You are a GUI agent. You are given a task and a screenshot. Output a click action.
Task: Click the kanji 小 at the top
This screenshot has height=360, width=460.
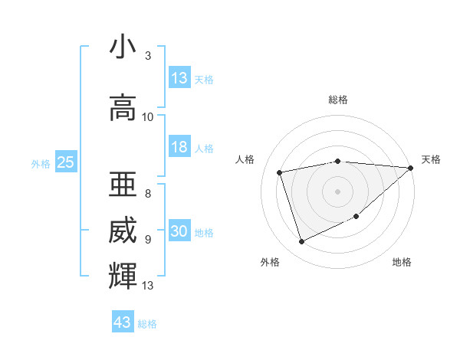123,48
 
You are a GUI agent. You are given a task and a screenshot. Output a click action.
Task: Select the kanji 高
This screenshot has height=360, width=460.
123,108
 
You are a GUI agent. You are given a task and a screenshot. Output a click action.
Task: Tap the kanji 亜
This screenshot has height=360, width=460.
123,183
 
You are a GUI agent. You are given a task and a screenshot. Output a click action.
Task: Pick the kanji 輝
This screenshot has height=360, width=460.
123,276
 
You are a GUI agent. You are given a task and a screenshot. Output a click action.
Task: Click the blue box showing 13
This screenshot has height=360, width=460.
179,78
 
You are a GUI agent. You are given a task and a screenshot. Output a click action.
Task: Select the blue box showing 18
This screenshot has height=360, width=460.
179,148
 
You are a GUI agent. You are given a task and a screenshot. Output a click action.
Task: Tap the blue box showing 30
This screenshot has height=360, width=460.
179,232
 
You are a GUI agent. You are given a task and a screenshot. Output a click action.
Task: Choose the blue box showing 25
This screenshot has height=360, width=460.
65,162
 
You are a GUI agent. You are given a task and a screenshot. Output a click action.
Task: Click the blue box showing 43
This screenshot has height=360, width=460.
123,322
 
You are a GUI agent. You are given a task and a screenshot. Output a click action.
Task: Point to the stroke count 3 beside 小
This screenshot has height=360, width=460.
147,56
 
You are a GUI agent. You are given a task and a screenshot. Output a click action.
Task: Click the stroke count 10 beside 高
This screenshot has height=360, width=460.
148,116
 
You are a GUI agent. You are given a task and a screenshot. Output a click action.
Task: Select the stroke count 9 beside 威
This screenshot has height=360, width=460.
147,239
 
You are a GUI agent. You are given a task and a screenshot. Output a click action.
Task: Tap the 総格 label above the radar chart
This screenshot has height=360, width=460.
338,100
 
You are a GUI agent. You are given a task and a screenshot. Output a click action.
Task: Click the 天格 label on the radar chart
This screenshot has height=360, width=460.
431,159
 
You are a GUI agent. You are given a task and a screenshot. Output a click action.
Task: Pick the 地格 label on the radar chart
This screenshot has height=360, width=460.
402,262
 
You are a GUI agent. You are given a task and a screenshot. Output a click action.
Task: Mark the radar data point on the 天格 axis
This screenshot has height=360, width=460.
410,168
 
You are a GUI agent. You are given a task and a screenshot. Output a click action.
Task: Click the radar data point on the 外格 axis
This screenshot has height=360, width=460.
301,242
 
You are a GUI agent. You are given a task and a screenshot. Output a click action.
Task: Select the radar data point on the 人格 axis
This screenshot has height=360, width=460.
280,172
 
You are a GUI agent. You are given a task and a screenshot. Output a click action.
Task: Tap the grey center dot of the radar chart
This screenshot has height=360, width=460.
338,191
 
